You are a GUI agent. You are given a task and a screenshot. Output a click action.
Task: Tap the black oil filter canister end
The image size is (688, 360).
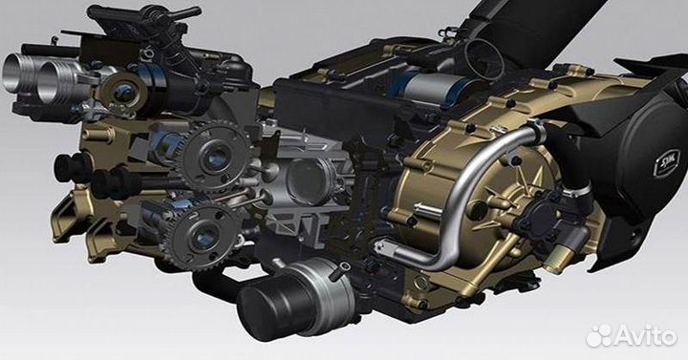tap(263, 310)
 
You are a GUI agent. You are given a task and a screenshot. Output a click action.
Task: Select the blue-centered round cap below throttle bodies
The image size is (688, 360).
tap(123, 92)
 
